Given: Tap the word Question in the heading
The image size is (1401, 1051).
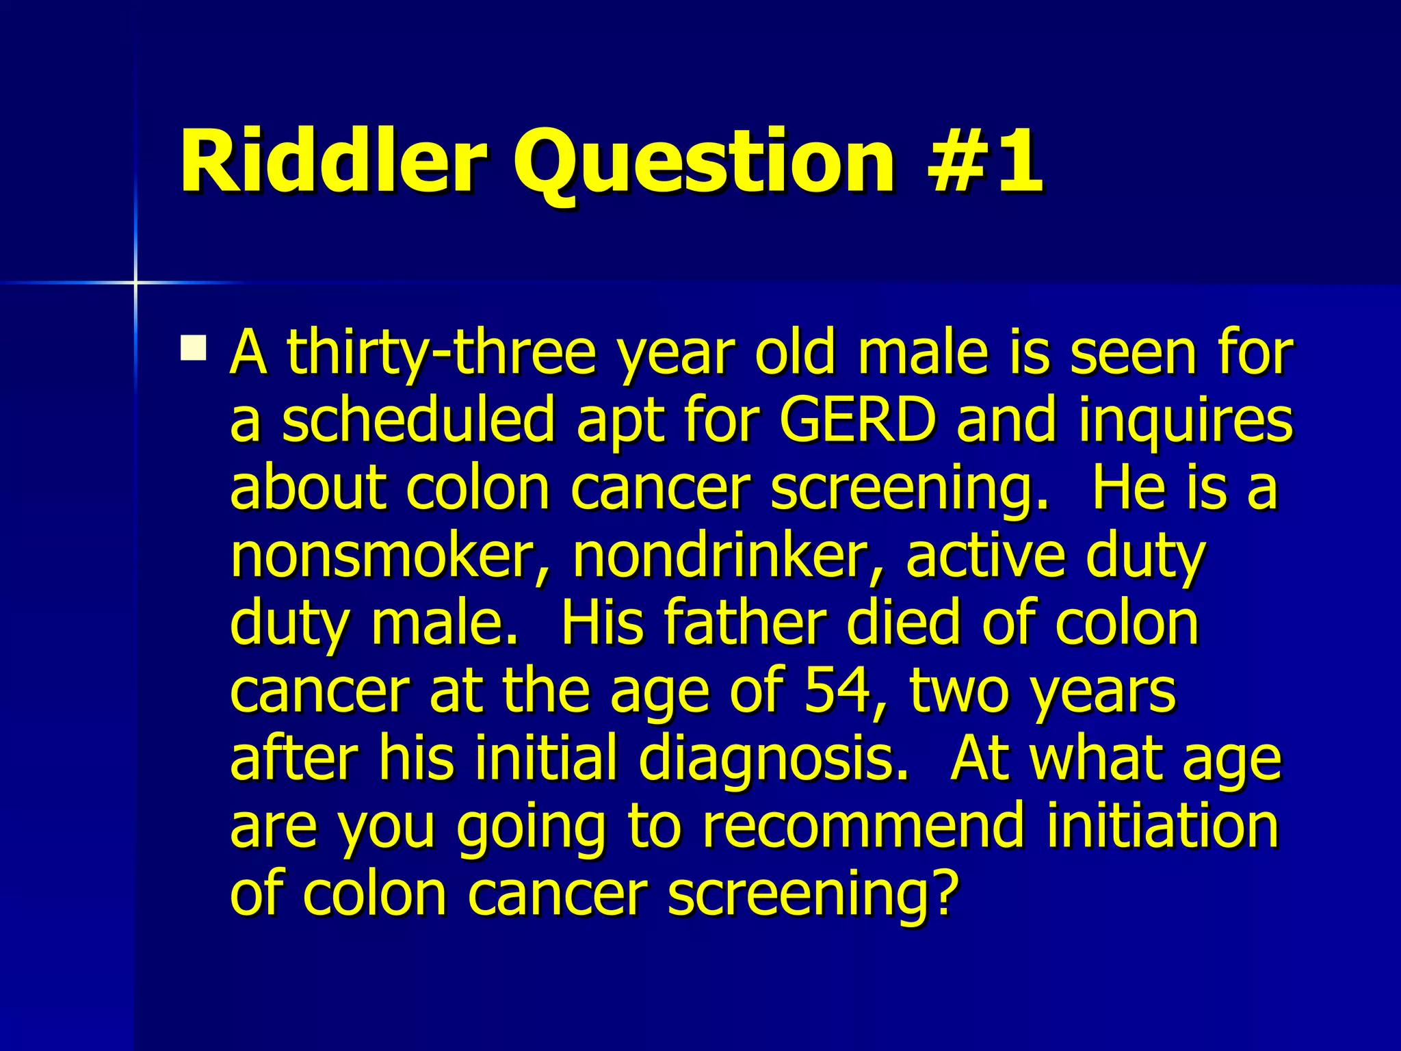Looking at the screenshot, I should click(x=705, y=164).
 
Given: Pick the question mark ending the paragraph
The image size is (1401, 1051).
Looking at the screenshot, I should click(x=944, y=893).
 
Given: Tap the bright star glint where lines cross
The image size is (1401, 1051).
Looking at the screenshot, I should click(x=135, y=282).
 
